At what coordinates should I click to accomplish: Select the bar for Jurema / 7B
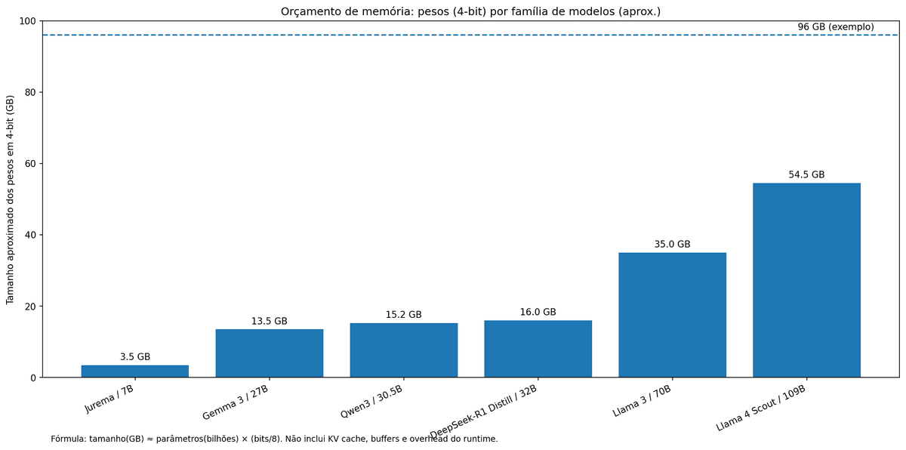[x=135, y=371]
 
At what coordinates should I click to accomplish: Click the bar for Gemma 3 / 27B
[x=270, y=353]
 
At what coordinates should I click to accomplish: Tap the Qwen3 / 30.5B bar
[x=404, y=350]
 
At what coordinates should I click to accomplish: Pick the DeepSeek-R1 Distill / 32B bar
[x=538, y=349]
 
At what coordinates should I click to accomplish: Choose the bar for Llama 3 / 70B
[x=673, y=315]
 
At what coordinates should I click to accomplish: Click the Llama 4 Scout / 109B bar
[x=807, y=280]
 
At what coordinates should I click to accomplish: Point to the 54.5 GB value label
[x=806, y=174]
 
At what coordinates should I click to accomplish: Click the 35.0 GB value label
[x=672, y=244]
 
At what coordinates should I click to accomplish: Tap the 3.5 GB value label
[x=135, y=356]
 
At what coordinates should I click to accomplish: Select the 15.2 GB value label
[x=403, y=314]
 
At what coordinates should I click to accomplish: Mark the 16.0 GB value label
[x=538, y=312]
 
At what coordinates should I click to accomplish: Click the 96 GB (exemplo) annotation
[x=836, y=26]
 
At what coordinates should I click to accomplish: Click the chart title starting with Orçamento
[x=470, y=11]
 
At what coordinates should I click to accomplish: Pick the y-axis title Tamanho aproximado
[x=10, y=199]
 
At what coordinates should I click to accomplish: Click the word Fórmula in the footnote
[x=68, y=439]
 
